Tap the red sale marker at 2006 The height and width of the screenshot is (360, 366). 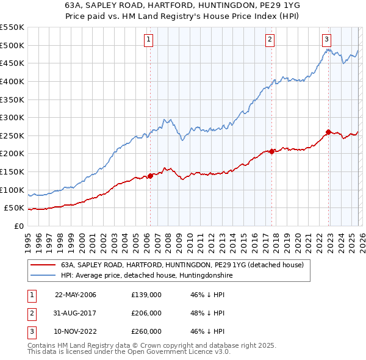(150, 176)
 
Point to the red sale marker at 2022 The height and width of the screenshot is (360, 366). (328, 132)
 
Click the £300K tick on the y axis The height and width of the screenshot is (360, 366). (12, 117)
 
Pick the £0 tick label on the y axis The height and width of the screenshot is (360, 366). (18, 226)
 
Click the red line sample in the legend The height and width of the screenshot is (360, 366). (43, 265)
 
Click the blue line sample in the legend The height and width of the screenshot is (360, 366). (43, 276)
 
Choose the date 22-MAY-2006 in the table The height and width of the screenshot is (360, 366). (76, 295)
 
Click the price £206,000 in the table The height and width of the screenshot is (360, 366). (146, 313)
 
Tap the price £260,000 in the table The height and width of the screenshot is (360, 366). (146, 331)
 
